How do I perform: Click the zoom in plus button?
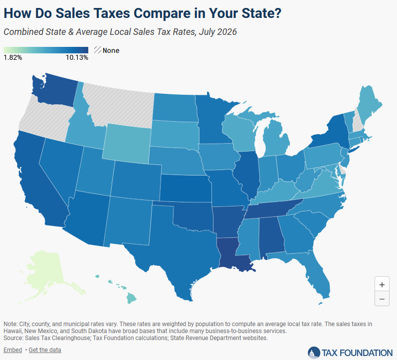tap(382, 285)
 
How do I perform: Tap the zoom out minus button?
tap(382, 299)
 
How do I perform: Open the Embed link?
tap(12, 350)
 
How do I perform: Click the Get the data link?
tap(45, 350)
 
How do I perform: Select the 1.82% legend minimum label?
tap(13, 58)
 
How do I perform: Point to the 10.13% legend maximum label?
tap(77, 58)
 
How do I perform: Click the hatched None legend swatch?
tap(97, 50)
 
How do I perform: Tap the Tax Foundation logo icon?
tap(314, 353)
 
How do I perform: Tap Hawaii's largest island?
tap(131, 298)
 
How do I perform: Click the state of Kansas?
tap(186, 188)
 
